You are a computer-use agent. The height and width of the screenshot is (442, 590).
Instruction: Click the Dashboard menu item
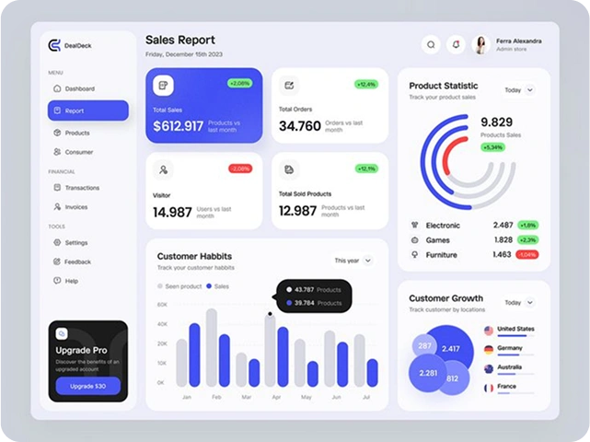79,88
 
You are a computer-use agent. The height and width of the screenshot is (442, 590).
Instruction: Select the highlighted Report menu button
87,110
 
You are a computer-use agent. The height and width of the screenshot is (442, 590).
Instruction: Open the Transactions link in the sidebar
82,188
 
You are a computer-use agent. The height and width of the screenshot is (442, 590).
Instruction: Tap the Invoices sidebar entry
76,207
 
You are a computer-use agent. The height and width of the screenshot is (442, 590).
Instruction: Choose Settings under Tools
76,243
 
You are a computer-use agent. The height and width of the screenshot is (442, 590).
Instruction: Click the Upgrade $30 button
88,386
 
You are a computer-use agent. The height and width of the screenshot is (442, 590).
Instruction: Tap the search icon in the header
430,44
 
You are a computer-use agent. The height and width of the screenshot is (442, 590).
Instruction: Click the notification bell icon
455,44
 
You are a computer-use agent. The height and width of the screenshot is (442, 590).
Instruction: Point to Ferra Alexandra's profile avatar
480,44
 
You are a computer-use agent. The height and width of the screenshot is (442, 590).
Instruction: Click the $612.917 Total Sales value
178,126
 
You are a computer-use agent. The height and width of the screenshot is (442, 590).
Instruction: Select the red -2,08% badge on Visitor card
239,169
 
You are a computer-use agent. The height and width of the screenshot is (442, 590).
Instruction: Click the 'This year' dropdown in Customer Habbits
353,261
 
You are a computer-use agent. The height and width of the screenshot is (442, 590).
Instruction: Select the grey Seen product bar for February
212,347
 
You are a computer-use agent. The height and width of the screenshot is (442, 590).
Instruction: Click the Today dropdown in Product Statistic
519,90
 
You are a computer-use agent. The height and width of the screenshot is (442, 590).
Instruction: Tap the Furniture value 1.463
502,254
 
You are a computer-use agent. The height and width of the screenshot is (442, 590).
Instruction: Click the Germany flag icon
489,349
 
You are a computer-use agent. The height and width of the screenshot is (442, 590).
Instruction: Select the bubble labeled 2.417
451,349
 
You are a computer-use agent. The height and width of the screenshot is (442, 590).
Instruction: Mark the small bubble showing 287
424,346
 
